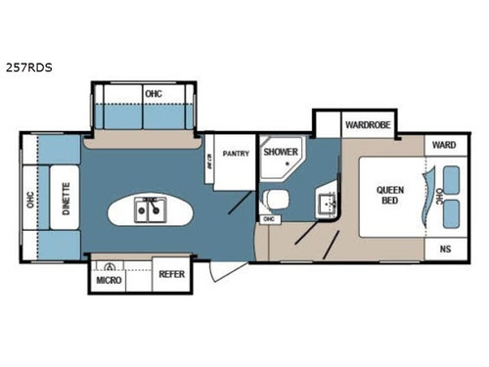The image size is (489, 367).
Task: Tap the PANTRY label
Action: click(236, 154)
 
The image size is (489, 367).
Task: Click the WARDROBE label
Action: click(368, 124)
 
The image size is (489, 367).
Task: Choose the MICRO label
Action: click(108, 281)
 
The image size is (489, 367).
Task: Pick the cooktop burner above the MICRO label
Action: click(111, 266)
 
